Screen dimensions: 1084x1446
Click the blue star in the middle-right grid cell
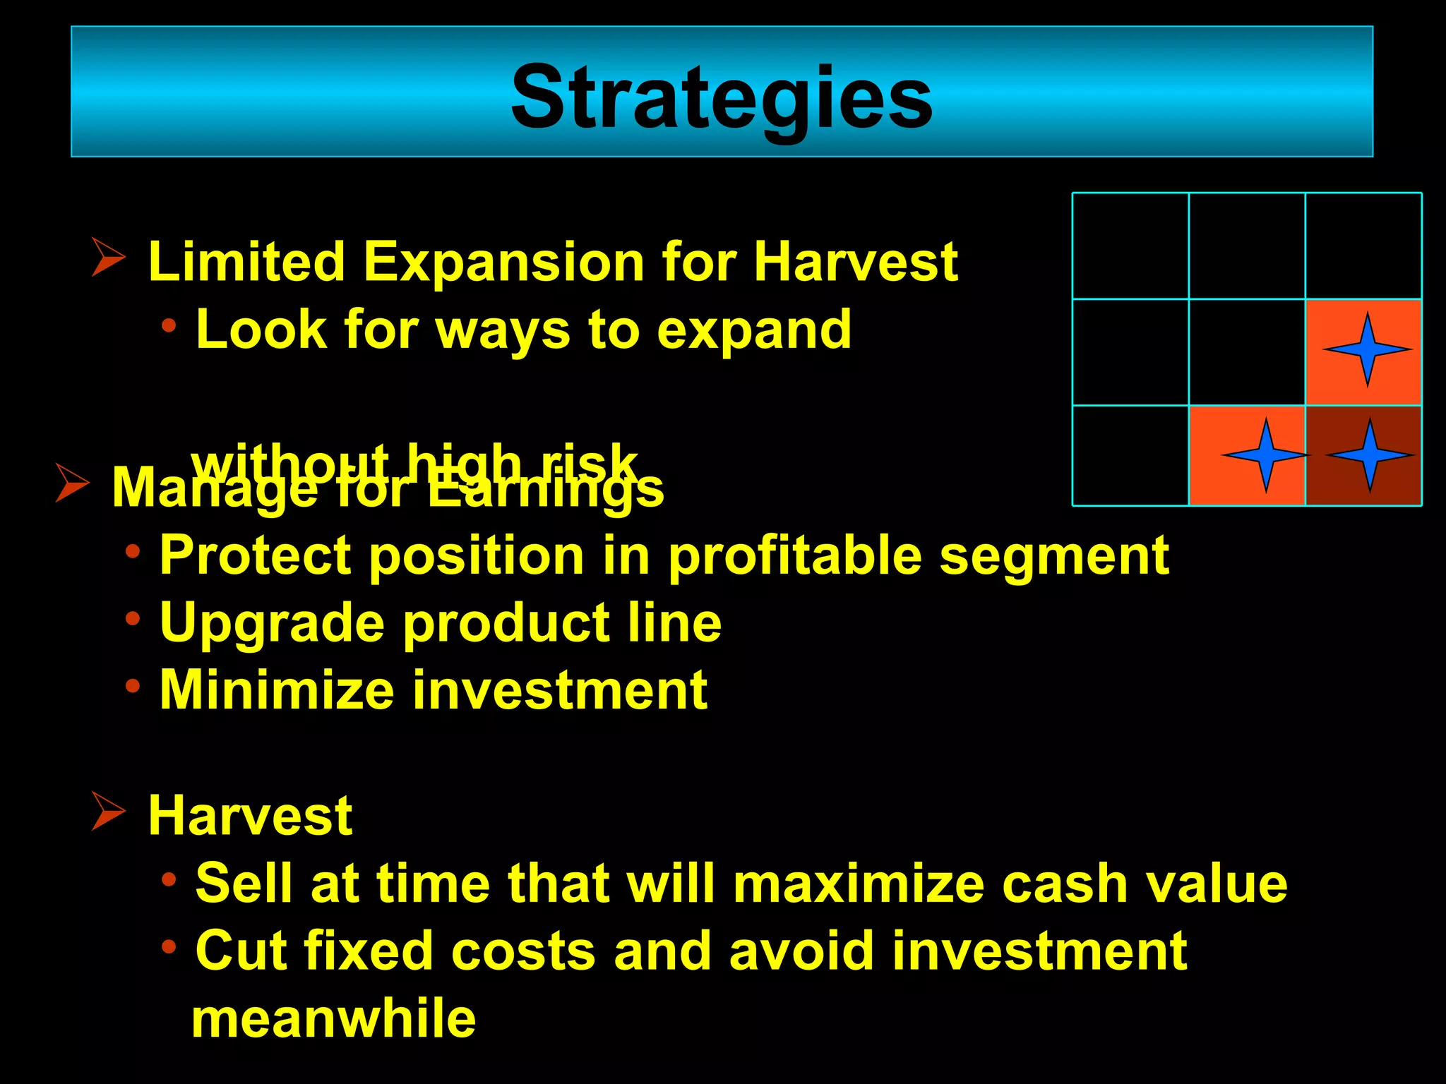click(1367, 349)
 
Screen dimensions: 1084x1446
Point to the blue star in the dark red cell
click(1370, 455)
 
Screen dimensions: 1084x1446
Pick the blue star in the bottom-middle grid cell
click(1265, 455)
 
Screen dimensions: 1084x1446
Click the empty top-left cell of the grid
click(1130, 246)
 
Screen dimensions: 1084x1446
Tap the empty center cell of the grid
click(1246, 351)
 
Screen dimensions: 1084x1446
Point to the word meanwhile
click(333, 1018)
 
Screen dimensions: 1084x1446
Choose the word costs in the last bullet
click(523, 951)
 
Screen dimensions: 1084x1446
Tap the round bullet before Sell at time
click(168, 879)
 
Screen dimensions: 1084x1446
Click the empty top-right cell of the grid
click(1363, 246)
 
